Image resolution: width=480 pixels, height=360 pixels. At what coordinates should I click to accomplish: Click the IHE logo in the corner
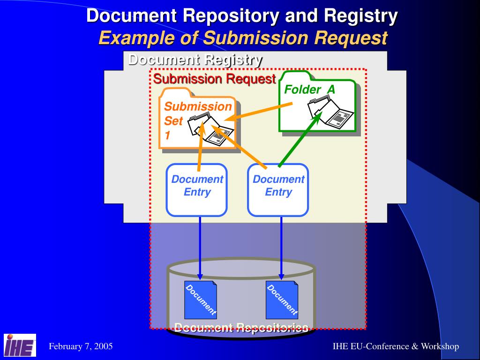(x=20, y=345)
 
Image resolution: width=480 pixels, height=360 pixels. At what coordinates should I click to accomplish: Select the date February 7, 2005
(x=81, y=346)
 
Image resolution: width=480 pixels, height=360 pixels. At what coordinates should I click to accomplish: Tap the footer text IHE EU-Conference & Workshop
(x=396, y=346)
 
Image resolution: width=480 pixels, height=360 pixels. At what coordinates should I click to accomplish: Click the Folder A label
(x=310, y=89)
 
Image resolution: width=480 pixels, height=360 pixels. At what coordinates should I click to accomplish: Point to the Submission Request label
(x=214, y=79)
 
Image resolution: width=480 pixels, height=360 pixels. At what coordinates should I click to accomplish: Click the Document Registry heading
(x=195, y=60)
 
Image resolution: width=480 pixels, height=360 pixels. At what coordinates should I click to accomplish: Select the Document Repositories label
(x=241, y=328)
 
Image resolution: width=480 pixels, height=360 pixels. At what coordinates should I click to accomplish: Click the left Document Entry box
(x=197, y=189)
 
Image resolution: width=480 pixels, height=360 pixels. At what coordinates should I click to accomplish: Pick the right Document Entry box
(x=278, y=189)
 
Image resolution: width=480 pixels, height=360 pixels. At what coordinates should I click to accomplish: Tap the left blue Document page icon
(x=201, y=300)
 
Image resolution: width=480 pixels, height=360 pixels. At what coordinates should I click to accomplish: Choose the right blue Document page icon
(x=282, y=300)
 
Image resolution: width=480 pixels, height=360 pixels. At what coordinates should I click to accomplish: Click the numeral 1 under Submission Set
(x=167, y=136)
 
